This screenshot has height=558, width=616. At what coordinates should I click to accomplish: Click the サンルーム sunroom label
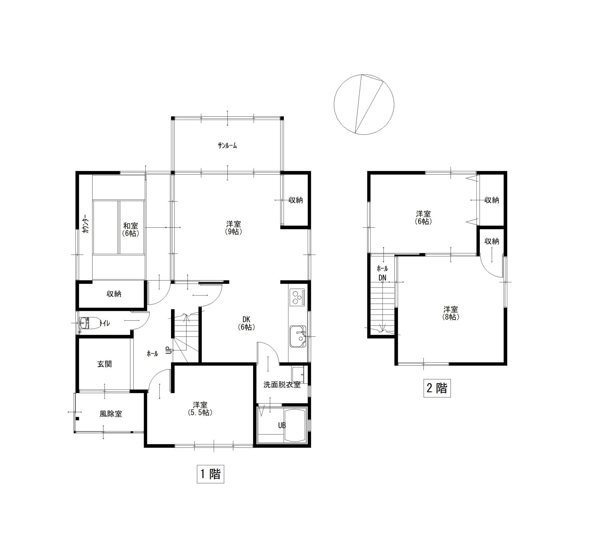pyautogui.click(x=227, y=146)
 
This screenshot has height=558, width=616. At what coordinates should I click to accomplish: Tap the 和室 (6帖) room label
pyautogui.click(x=131, y=230)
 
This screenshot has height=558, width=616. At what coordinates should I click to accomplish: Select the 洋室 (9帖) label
pyautogui.click(x=233, y=227)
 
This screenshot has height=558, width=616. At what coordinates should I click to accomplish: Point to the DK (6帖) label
pyautogui.click(x=246, y=323)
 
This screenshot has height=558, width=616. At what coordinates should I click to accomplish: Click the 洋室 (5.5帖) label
pyautogui.click(x=200, y=408)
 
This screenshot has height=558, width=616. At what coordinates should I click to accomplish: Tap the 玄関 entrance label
pyautogui.click(x=105, y=364)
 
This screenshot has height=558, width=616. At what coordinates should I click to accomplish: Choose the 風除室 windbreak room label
pyautogui.click(x=111, y=414)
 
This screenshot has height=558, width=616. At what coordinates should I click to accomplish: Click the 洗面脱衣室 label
pyautogui.click(x=282, y=385)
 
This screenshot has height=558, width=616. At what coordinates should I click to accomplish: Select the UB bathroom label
pyautogui.click(x=282, y=426)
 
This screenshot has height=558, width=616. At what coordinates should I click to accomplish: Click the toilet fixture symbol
pyautogui.click(x=90, y=323)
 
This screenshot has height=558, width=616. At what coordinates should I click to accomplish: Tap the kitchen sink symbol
pyautogui.click(x=298, y=336)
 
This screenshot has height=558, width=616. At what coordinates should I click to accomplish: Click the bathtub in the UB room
pyautogui.click(x=296, y=425)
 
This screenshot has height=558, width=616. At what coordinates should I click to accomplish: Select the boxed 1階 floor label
pyautogui.click(x=210, y=474)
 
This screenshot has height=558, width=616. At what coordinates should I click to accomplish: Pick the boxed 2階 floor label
pyautogui.click(x=437, y=388)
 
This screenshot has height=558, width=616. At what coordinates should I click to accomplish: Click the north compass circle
pyautogui.click(x=364, y=105)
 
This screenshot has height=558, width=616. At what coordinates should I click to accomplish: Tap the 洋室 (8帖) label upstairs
pyautogui.click(x=451, y=313)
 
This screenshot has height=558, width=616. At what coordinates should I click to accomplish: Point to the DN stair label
pyautogui.click(x=382, y=278)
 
